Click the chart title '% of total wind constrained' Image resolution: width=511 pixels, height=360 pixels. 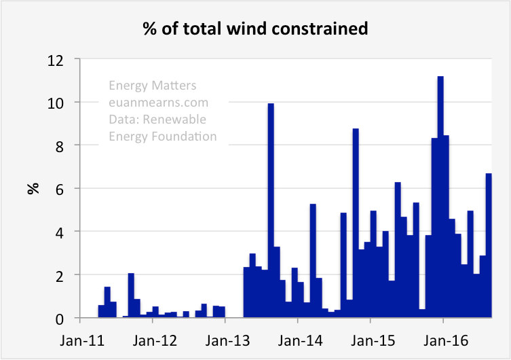pos(255,29)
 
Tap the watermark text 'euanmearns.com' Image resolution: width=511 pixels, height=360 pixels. pos(158,103)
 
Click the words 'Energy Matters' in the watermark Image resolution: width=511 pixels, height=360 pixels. pos(153,86)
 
